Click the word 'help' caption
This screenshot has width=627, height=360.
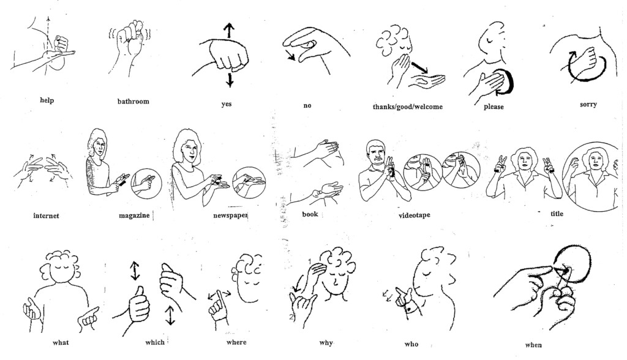(x=46, y=100)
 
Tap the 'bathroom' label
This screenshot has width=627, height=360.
(x=133, y=100)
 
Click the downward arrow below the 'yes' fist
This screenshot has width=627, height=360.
(x=230, y=79)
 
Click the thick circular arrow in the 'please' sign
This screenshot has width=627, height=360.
(x=510, y=82)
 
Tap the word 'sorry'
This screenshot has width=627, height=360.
(x=588, y=104)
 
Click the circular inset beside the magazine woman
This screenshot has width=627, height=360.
(x=146, y=182)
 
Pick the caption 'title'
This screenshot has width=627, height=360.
(x=557, y=214)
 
